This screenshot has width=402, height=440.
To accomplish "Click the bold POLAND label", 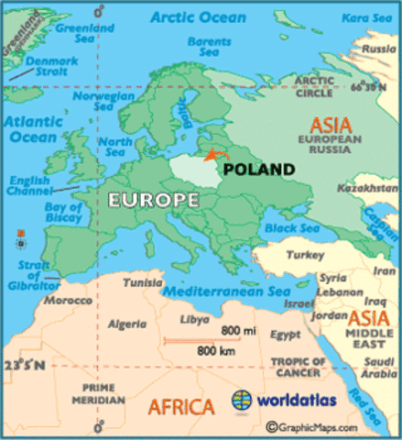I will click(259, 170).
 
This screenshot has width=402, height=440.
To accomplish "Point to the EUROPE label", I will click(153, 199).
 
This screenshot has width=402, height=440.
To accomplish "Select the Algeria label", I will click(128, 324).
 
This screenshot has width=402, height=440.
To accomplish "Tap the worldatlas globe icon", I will click(242, 401).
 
